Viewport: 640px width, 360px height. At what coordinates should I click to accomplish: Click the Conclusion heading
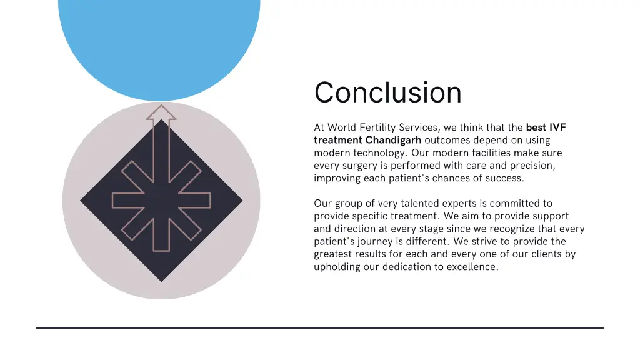pos(387,92)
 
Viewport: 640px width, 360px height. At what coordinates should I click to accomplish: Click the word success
pos(505,178)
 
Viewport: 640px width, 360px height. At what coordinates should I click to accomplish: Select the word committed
pos(512,204)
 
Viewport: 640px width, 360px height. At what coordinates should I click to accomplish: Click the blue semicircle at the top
pos(159,44)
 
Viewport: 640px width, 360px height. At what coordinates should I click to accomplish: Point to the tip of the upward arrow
pos(161,106)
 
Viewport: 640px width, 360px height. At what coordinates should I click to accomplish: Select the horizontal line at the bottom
pos(320,327)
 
